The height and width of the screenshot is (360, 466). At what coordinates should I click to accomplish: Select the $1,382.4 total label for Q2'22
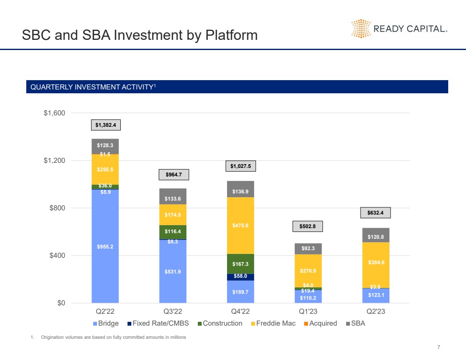(x=105, y=125)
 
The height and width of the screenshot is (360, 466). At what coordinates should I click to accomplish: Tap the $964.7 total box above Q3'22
(x=173, y=175)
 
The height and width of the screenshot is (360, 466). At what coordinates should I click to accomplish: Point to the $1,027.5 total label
(x=241, y=166)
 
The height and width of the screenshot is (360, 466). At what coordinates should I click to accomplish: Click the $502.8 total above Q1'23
(x=308, y=226)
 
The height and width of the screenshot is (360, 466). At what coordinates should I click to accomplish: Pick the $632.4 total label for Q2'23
(x=375, y=213)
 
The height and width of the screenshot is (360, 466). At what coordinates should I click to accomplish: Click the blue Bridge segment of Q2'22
(x=105, y=246)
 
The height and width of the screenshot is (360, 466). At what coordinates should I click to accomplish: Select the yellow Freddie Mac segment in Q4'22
(x=241, y=225)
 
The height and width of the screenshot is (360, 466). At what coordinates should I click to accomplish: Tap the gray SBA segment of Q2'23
(x=376, y=235)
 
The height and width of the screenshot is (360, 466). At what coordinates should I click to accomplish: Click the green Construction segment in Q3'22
(x=173, y=232)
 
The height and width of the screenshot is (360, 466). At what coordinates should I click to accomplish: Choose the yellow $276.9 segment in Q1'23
(x=308, y=271)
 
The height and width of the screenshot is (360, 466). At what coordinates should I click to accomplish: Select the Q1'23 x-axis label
(x=308, y=312)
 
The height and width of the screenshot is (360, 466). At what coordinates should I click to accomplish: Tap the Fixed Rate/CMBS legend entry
(x=159, y=324)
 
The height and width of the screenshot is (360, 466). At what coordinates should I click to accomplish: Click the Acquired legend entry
(x=320, y=324)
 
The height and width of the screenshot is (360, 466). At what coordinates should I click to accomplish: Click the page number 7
(x=438, y=347)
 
